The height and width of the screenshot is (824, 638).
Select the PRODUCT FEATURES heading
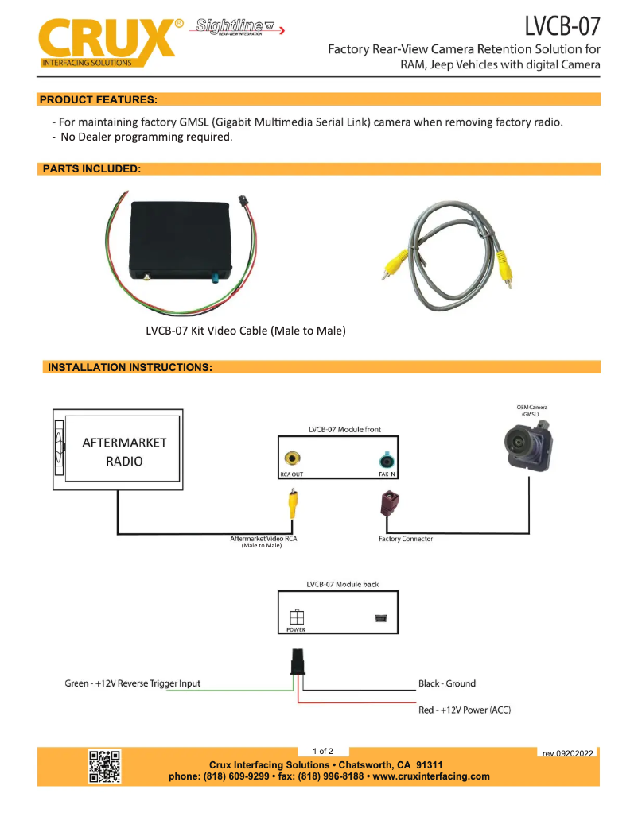point(99,99)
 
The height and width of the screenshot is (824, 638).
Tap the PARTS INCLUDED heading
point(91,169)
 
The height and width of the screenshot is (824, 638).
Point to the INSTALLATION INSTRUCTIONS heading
point(130,367)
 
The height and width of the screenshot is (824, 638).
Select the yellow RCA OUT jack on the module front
point(294,459)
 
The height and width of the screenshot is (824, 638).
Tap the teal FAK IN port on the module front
point(387,460)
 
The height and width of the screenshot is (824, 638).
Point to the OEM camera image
point(528,441)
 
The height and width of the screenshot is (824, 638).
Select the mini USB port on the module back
point(380,618)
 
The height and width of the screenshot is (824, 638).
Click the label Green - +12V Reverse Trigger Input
point(132,683)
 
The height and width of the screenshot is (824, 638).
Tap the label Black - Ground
point(446,683)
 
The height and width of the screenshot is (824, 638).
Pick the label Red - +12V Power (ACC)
point(464,710)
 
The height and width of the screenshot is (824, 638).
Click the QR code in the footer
point(104,766)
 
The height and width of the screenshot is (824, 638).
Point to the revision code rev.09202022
point(567,753)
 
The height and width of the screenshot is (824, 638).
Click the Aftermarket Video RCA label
point(263,540)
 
